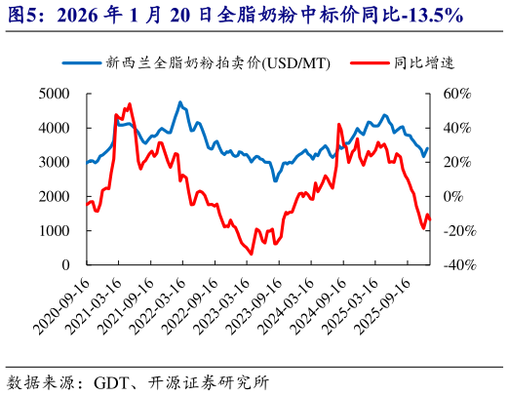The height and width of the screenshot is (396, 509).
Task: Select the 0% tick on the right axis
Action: click(x=453, y=197)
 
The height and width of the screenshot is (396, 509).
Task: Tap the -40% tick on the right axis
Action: click(x=456, y=265)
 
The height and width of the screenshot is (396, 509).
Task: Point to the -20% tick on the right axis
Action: click(x=456, y=231)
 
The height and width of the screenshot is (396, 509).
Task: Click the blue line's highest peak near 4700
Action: click(x=180, y=101)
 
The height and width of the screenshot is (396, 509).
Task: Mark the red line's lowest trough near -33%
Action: click(x=251, y=254)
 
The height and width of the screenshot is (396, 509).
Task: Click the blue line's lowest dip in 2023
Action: click(x=275, y=180)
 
